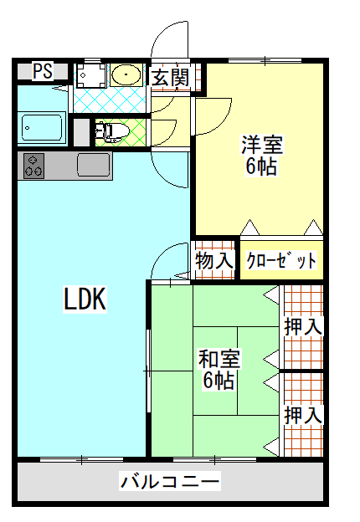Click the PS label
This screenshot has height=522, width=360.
43,71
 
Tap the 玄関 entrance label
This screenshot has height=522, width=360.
171,77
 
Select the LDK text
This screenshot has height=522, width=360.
85,299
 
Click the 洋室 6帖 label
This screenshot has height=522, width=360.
262,155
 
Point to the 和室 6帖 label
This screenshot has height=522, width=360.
219,369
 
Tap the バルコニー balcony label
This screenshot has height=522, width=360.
170,481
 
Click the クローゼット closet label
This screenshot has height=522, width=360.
281,260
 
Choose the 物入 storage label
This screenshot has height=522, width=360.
214,260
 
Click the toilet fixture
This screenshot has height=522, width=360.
112,132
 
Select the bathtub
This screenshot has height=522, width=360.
42,128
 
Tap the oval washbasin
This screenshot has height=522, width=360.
126,74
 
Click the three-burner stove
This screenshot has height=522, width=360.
33,166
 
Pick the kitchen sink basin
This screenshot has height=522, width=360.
94,165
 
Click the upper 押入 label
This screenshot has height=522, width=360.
303,326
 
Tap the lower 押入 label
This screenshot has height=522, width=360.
303,415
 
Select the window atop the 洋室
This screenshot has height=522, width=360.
265,60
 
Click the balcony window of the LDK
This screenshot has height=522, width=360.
81,460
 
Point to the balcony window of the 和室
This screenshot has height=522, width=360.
215,460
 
